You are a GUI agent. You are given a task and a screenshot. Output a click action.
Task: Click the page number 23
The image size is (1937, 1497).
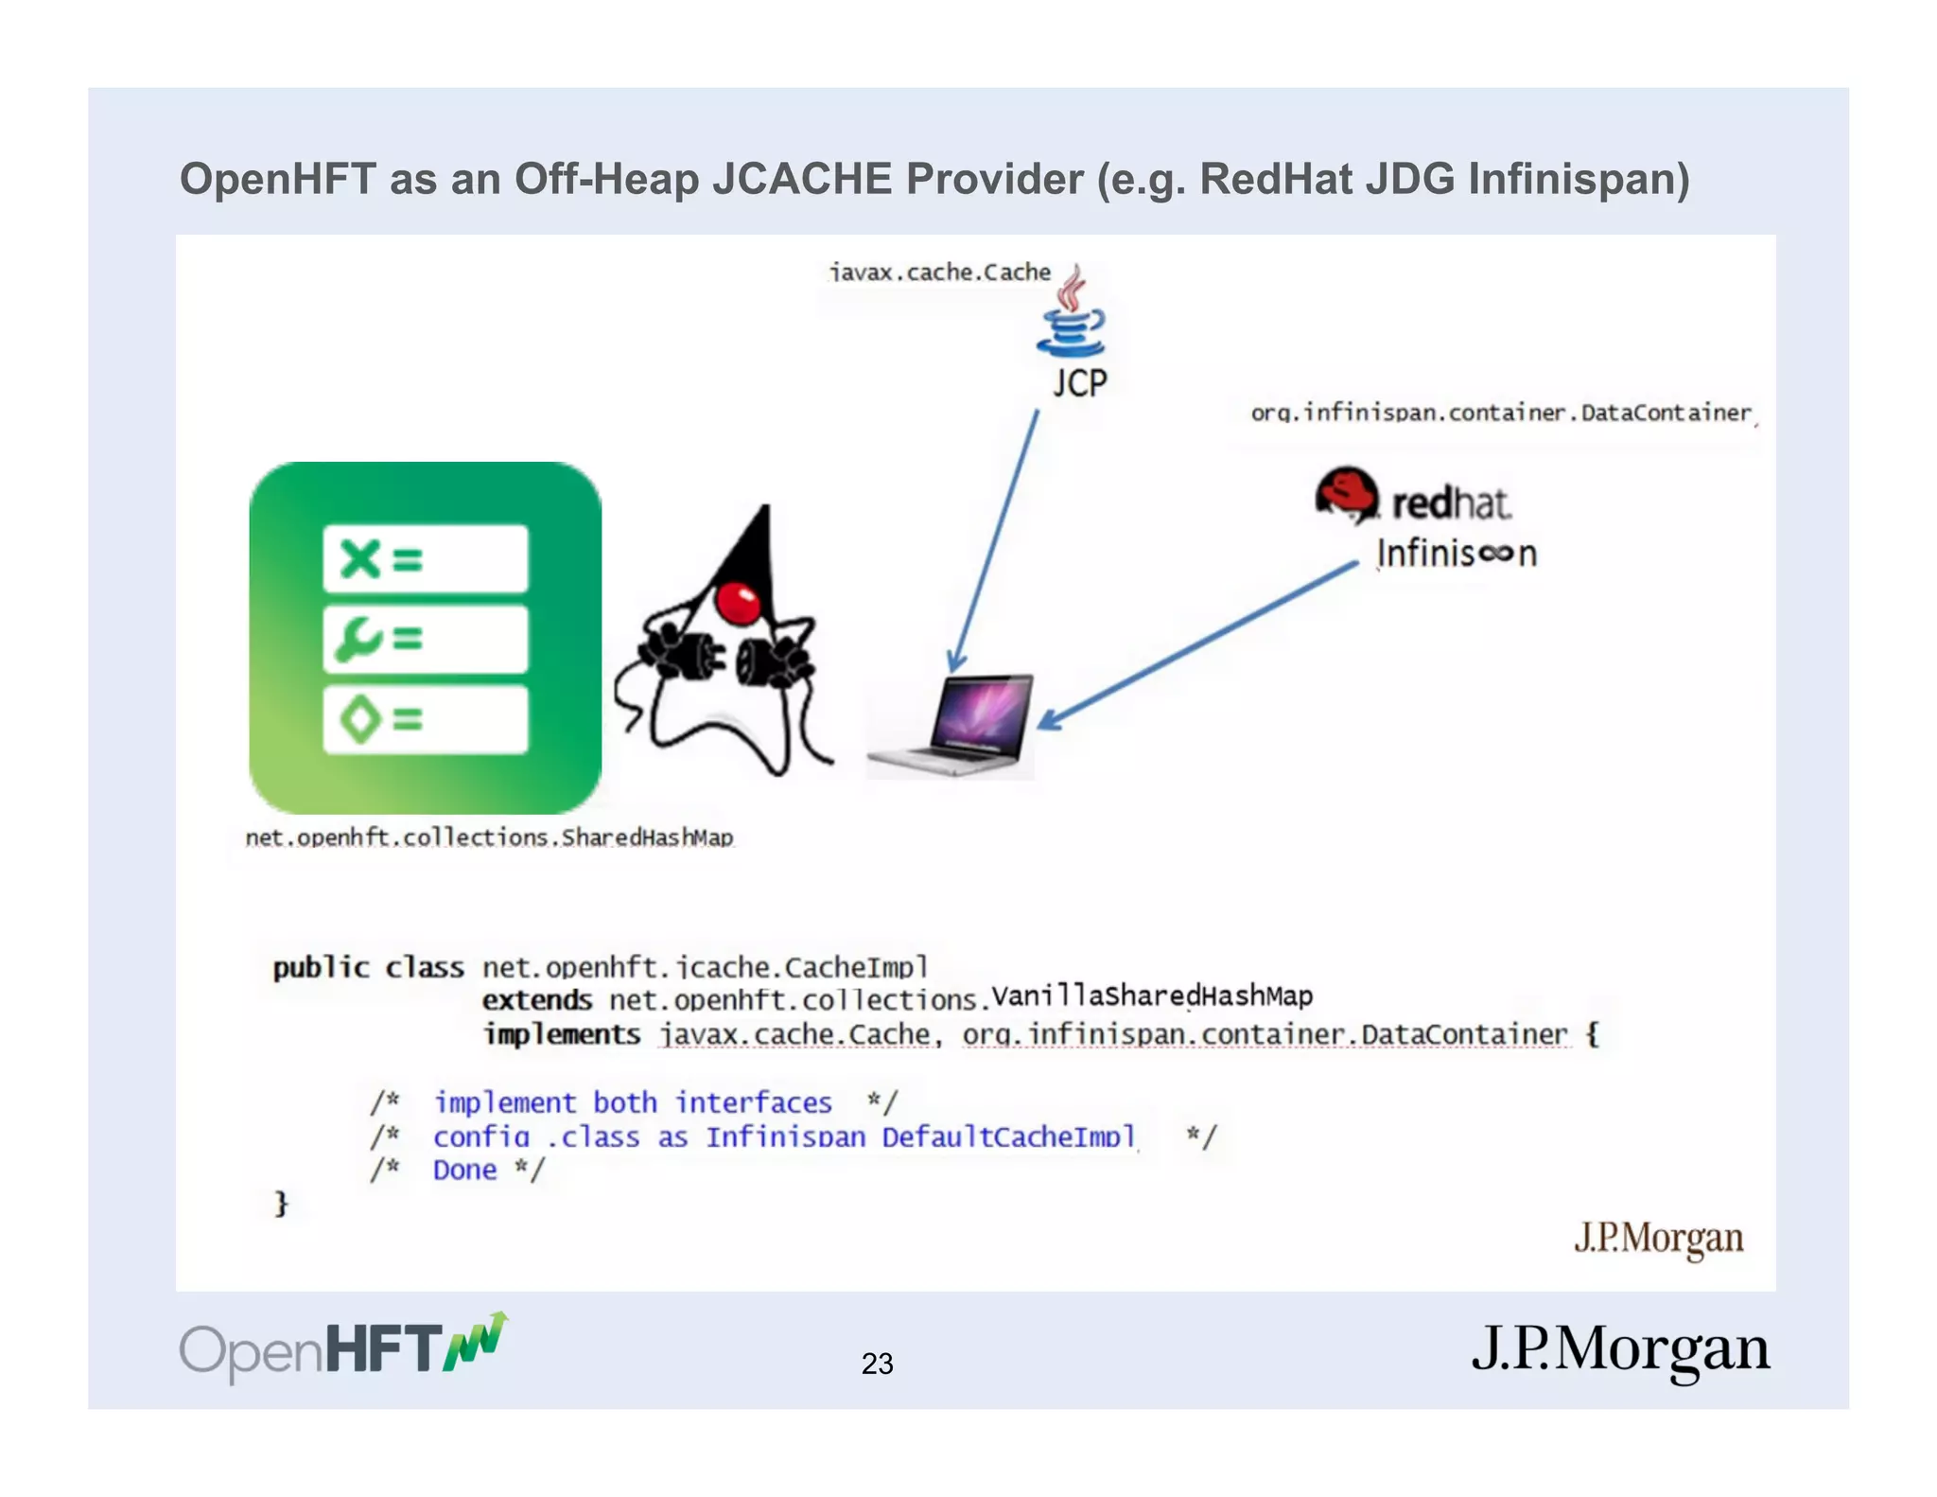tap(877, 1363)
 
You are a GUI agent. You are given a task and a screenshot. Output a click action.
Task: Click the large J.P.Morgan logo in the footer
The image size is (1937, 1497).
tap(1619, 1349)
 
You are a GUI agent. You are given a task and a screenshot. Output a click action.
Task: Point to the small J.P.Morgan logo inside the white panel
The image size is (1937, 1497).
tap(1658, 1238)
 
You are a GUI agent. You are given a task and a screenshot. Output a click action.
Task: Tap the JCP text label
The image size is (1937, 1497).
tap(1079, 383)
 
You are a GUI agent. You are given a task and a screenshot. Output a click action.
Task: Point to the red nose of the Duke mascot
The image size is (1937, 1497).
tap(738, 602)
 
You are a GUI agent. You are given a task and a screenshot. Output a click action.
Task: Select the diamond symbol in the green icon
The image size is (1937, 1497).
tap(359, 719)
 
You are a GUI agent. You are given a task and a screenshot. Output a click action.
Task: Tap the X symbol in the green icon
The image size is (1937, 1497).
tap(360, 558)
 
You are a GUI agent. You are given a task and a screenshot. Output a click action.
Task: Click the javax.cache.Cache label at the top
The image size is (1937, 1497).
tap(940, 273)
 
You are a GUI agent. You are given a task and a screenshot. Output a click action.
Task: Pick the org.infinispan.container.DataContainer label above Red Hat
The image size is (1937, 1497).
tap(1501, 413)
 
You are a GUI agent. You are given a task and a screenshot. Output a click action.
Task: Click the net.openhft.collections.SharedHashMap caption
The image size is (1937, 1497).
tap(489, 837)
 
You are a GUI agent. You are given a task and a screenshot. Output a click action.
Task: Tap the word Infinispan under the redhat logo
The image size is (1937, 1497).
tap(1457, 554)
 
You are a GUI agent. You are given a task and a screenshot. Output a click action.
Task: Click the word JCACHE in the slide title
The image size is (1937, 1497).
tap(802, 179)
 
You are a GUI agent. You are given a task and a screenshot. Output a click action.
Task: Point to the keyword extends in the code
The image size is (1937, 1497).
tap(536, 1000)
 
